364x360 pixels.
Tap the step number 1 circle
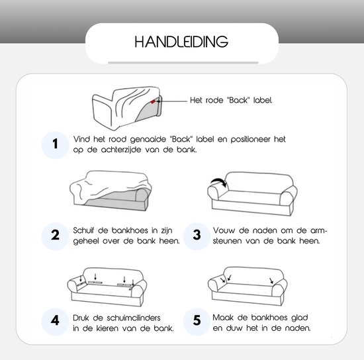click(56, 144)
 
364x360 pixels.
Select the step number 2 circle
click(56, 235)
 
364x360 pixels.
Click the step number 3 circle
click(197, 235)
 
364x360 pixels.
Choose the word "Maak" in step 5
click(224, 316)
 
